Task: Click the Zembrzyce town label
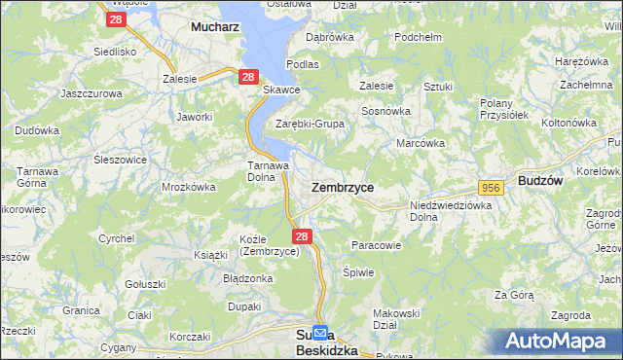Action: point(342,186)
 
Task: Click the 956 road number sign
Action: point(490,187)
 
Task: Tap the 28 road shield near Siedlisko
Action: point(116,19)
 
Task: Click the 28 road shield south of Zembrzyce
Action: point(302,235)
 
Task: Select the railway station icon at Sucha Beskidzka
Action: point(322,334)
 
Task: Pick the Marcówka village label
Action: point(421,143)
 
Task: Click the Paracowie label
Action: point(376,245)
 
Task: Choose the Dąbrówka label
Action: point(329,37)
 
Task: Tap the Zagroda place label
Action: point(569,315)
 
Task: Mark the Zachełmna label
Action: point(585,85)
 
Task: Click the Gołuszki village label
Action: point(146,284)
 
